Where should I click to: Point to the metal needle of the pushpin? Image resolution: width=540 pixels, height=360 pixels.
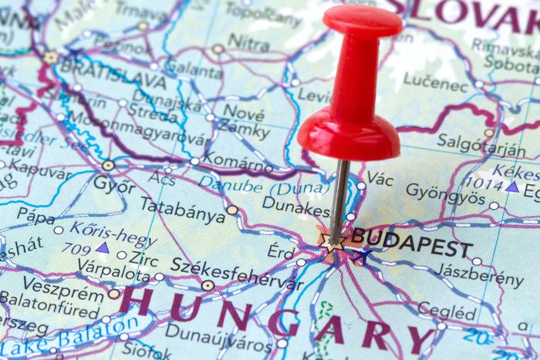[339, 197]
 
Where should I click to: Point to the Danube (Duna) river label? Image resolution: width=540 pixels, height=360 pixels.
[255, 184]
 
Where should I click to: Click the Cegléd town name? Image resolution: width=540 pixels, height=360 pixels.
[447, 311]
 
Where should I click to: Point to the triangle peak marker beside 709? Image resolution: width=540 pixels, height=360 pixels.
[102, 248]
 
